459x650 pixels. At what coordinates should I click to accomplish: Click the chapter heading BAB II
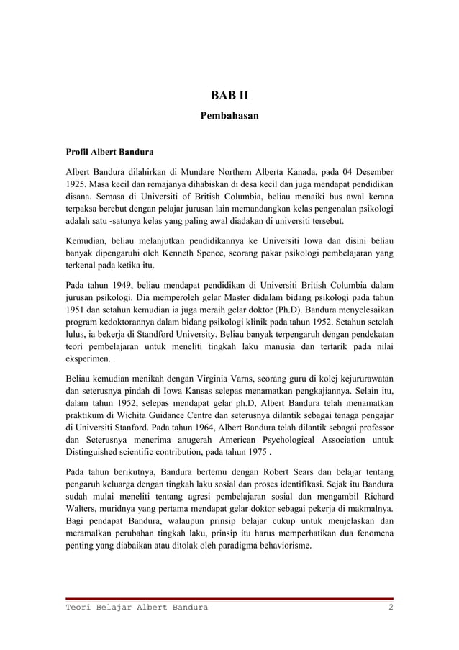229,96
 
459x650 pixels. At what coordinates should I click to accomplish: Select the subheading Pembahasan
229,115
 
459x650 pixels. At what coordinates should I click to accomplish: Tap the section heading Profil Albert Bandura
109,153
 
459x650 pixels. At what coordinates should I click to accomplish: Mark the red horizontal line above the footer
229,598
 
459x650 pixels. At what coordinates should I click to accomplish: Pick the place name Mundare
201,173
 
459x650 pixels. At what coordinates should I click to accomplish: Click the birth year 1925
77,186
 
